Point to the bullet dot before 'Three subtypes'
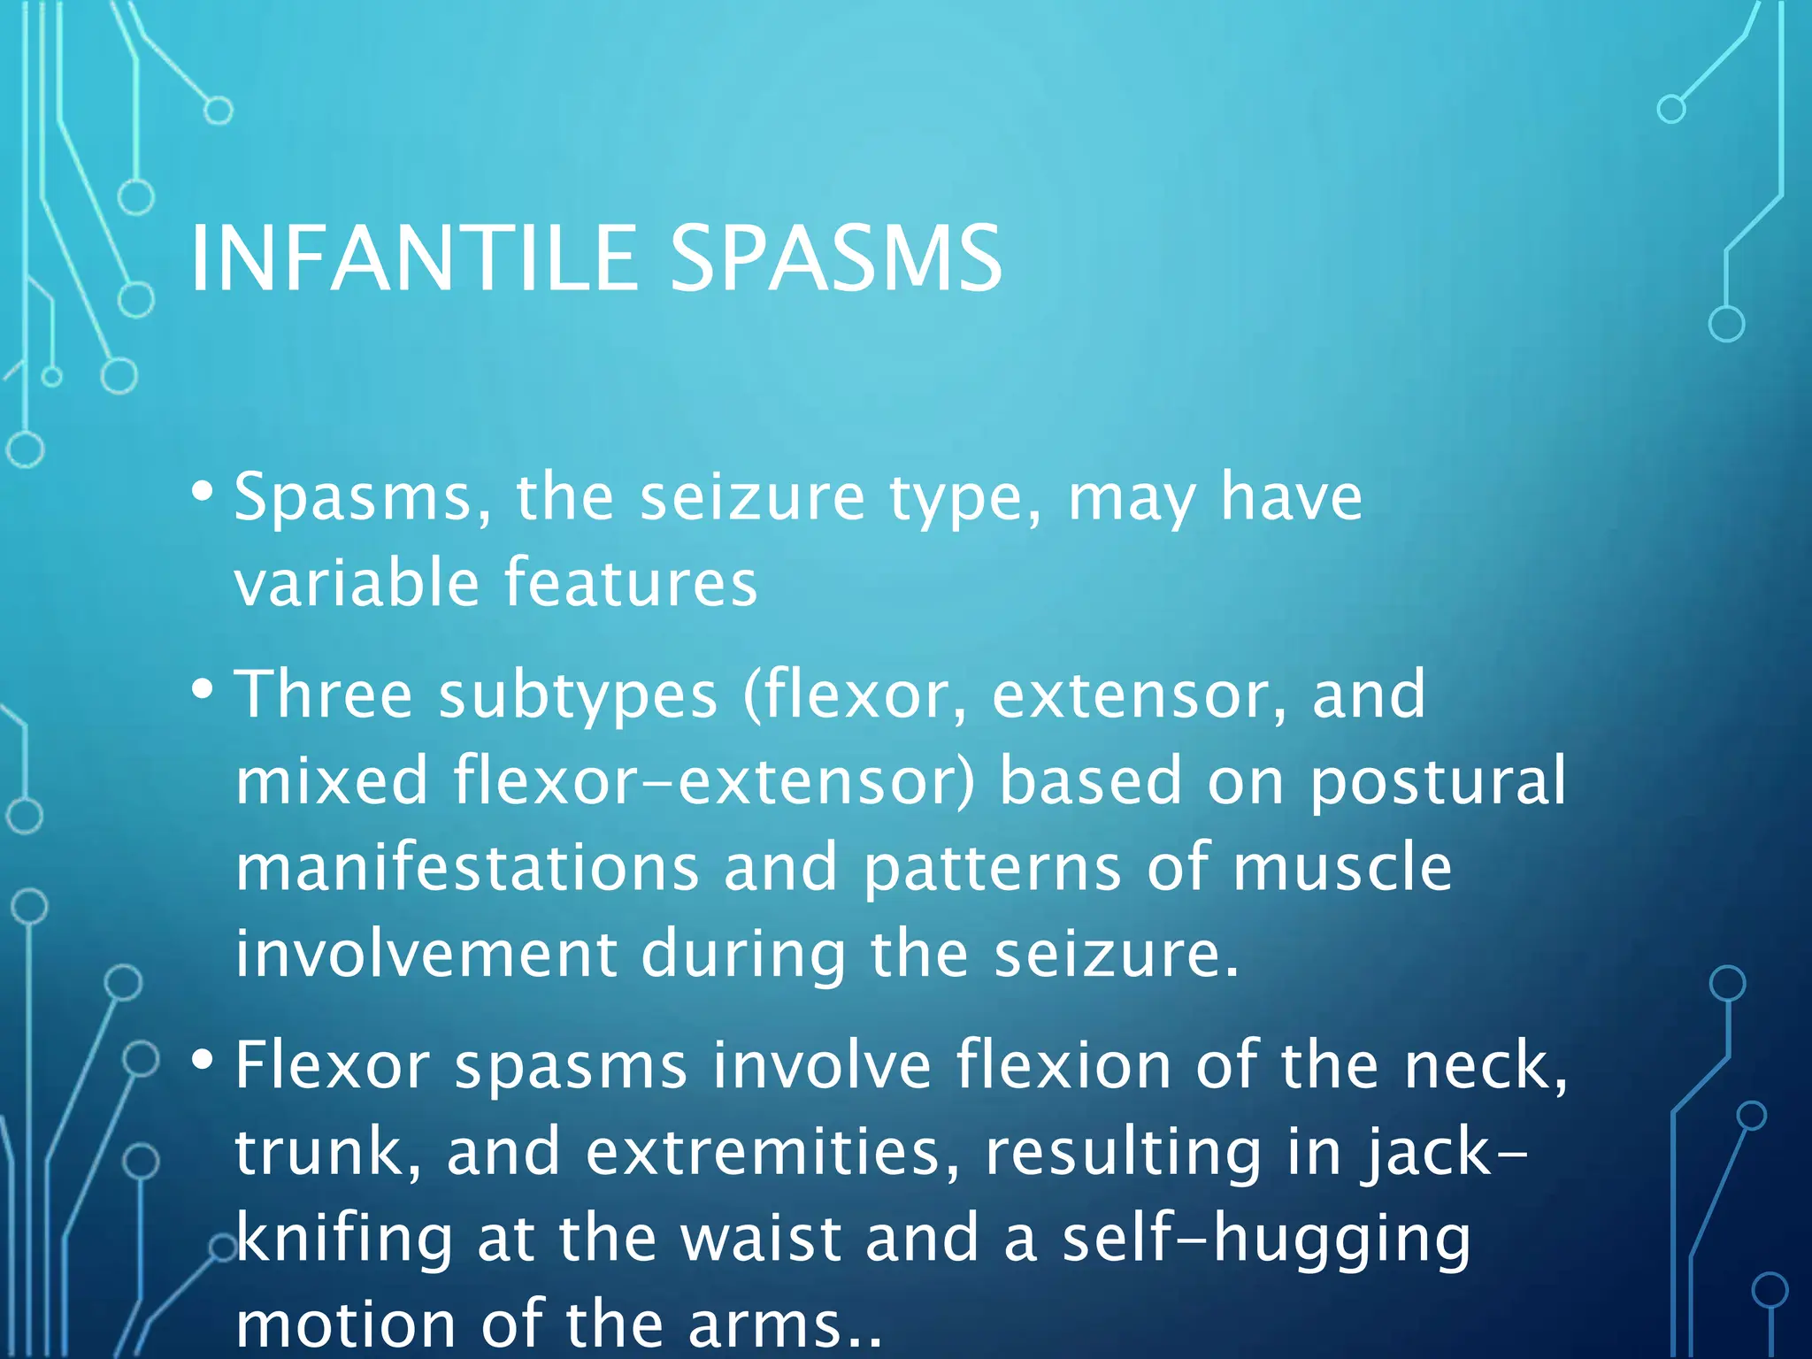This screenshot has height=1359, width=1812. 203,687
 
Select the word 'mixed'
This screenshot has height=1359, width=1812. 332,780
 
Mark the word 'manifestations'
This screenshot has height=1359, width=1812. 468,867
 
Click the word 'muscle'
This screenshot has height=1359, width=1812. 1342,867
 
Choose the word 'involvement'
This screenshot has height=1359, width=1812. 426,954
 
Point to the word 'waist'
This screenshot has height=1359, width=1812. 760,1239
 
